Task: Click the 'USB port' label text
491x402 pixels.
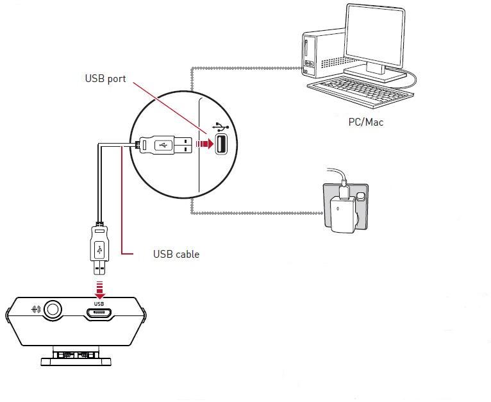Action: [105, 79]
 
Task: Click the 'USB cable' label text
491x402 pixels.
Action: [176, 255]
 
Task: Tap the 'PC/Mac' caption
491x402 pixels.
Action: [365, 122]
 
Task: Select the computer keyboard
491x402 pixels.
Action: [359, 89]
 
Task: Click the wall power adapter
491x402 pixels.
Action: [341, 206]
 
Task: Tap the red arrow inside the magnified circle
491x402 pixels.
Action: [203, 144]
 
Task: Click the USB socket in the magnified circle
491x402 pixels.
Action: [221, 144]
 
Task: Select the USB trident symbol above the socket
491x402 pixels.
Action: [221, 127]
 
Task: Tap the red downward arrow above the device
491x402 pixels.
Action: [99, 286]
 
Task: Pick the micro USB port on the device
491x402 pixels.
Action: [99, 314]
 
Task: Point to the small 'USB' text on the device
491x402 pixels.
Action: [99, 303]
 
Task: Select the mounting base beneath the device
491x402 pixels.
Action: [76, 356]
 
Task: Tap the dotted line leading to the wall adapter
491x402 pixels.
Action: [256, 214]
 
